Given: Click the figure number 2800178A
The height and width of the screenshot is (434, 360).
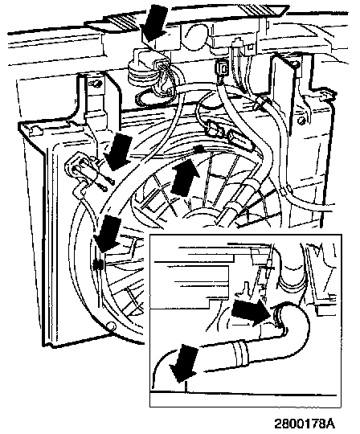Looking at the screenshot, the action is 304,423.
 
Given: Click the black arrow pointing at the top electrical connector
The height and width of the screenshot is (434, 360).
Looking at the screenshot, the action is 153,24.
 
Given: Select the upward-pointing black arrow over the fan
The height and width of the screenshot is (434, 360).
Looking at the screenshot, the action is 185,177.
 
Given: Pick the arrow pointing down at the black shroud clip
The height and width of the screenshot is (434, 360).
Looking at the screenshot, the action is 108,233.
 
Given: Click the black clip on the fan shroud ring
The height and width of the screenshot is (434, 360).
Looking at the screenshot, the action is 98,265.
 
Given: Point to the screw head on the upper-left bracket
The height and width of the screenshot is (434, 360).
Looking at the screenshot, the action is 96,83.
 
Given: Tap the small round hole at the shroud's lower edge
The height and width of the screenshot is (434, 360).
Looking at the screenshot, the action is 111,325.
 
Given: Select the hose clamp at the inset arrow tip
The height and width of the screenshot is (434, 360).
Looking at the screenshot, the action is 279,317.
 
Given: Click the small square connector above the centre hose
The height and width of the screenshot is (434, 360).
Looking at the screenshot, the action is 222,68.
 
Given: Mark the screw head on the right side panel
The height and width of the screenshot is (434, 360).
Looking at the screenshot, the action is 302,121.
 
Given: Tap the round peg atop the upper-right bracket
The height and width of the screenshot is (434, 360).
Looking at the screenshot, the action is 295,64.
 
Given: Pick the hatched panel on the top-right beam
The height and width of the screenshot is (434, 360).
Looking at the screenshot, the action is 263,10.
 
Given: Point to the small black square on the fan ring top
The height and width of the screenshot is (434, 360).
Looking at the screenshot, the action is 198,149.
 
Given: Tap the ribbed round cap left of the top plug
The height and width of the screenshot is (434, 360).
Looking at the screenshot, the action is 138,71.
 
